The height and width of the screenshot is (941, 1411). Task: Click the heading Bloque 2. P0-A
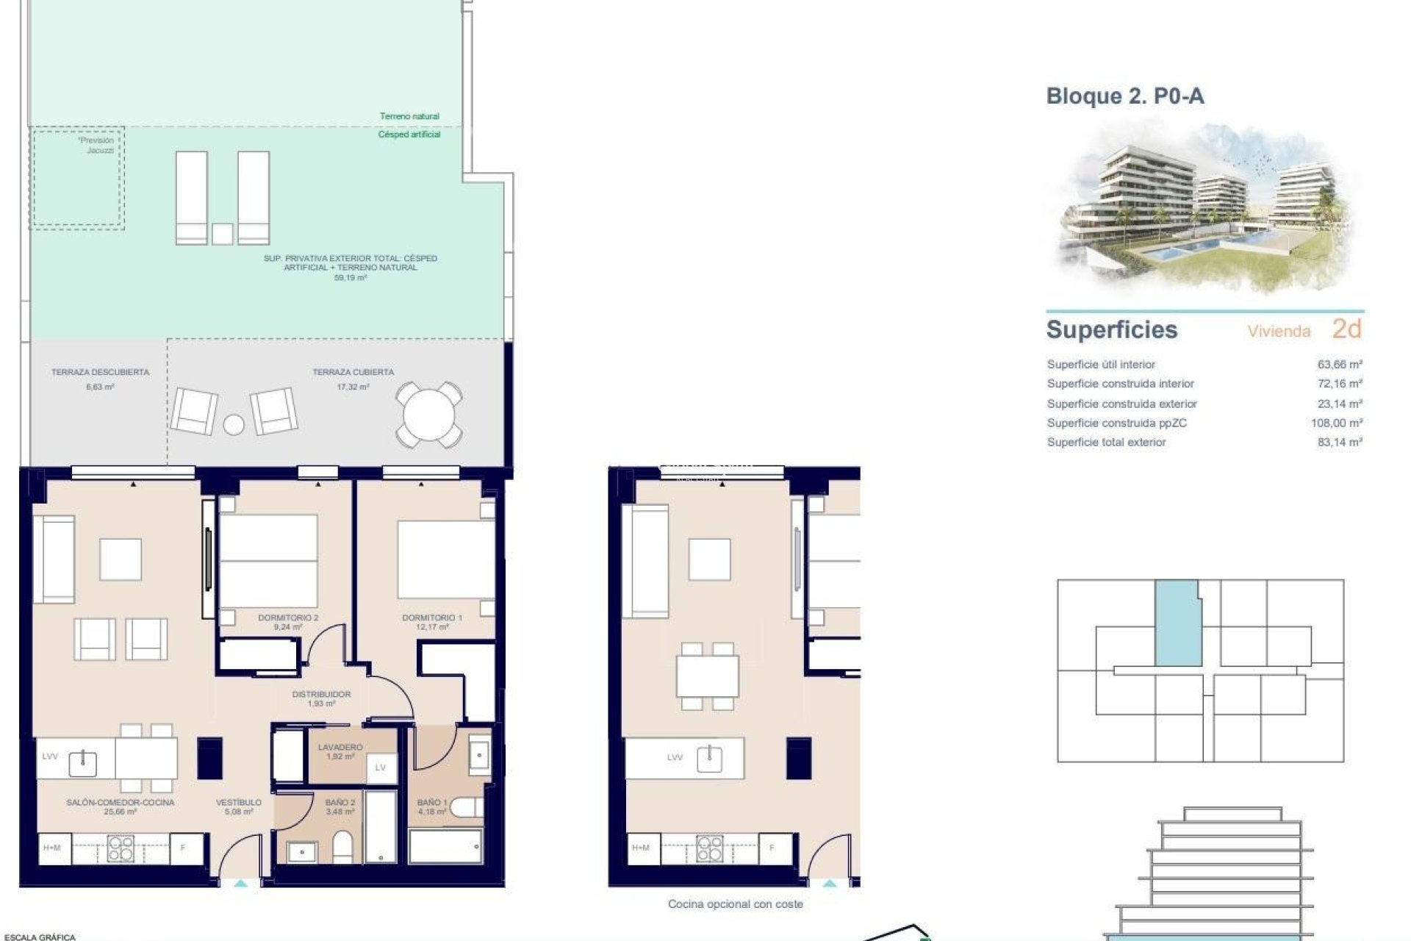1124,96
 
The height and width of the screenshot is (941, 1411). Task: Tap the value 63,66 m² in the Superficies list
1340,364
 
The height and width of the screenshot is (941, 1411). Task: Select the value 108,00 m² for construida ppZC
1336,423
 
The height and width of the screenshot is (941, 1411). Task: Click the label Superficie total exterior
1106,442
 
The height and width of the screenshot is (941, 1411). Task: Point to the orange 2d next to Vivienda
1346,329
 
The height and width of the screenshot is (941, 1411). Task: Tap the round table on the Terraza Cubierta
429,415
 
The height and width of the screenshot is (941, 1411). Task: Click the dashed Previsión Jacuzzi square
77,178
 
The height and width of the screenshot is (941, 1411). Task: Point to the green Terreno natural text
409,116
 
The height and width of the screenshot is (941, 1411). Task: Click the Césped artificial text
409,135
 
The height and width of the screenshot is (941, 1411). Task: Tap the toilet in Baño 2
342,846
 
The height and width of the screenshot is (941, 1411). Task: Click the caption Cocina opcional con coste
735,904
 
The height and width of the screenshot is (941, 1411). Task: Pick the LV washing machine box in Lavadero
381,768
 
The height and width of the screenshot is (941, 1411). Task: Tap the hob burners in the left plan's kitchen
121,848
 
